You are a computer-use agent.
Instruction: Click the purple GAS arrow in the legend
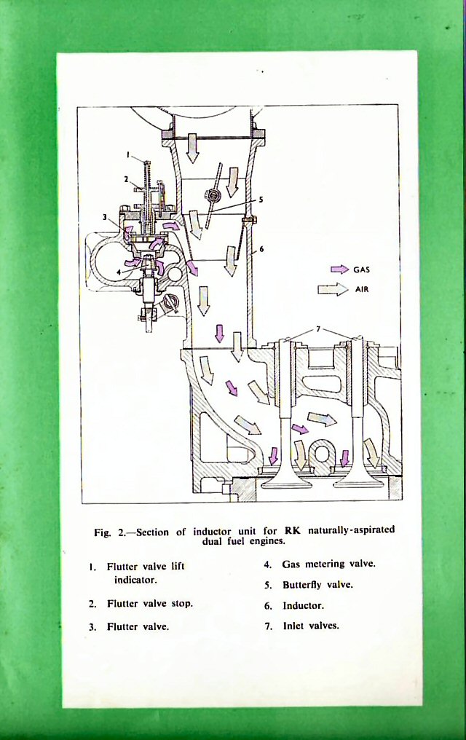coord(339,269)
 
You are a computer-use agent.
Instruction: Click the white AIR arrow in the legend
coord(332,289)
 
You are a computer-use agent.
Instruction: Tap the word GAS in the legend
coord(362,269)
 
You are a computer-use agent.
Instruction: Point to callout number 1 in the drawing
coord(128,154)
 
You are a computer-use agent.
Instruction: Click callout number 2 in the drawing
coord(125,178)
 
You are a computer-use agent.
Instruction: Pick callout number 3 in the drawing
coord(105,217)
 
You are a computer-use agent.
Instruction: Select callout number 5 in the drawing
coord(260,198)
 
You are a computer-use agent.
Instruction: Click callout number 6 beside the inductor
coord(261,249)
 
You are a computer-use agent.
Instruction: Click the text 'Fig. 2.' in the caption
coord(108,532)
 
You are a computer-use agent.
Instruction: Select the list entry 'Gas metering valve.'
coord(328,564)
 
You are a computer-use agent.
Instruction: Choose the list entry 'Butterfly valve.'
coord(317,585)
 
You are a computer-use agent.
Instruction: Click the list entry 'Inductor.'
coord(303,605)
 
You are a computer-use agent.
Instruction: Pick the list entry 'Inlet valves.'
coord(311,626)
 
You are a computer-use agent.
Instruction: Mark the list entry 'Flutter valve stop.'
coord(149,604)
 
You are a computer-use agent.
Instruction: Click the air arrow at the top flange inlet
coord(192,146)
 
